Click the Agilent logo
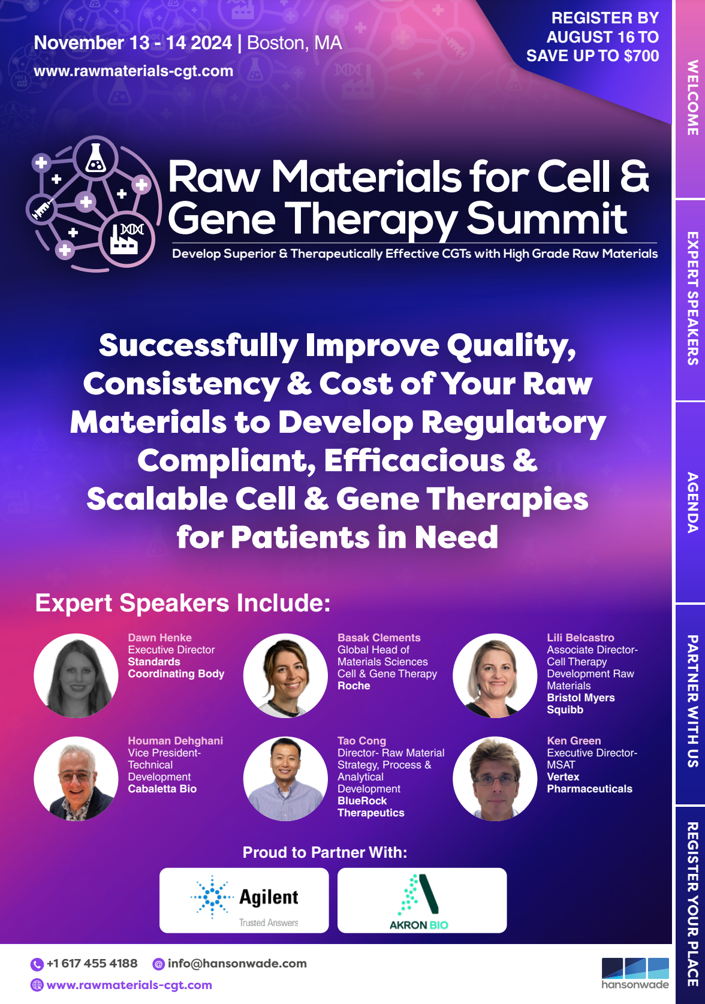pos(244,900)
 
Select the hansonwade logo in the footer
pos(635,973)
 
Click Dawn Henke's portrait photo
pos(76,676)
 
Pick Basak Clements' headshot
pos(285,676)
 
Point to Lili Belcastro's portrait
pos(495,676)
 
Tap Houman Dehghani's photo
pos(76,779)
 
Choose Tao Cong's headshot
pos(285,779)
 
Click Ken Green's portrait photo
pos(495,779)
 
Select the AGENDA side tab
pos(692,502)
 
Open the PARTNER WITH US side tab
pos(692,701)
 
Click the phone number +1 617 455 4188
pos(92,963)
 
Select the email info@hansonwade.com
pos(237,963)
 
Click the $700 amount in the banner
pos(641,56)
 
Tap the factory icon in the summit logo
pos(126,239)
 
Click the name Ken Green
pos(574,741)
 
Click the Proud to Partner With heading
pos(324,852)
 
